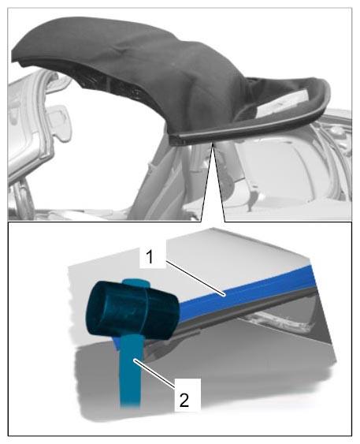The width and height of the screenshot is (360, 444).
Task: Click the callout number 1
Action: coord(150,258)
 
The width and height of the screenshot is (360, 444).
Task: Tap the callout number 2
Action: coord(184,400)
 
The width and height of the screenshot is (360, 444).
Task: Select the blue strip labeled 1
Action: coord(246,292)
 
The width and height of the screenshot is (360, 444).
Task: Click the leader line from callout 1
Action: coord(195,278)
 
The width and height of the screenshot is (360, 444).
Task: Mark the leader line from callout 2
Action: coord(154,374)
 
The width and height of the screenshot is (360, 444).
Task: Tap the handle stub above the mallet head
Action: coord(135,283)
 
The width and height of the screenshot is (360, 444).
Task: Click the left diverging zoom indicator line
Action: coord(206,181)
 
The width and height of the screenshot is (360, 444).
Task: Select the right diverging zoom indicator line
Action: coord(219,181)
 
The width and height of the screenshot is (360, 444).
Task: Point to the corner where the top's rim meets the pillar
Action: coord(176,139)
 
